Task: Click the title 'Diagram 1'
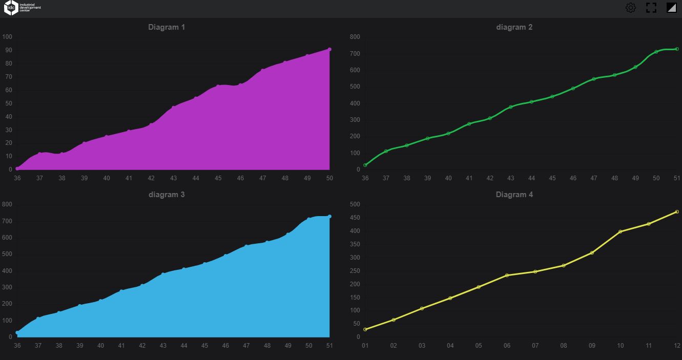[x=167, y=27]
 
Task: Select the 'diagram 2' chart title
[x=514, y=27]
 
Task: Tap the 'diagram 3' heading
[x=167, y=195]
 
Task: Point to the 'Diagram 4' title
[x=514, y=195]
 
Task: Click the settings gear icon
[x=631, y=8]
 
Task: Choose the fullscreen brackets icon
[x=651, y=8]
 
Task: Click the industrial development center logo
[x=23, y=8]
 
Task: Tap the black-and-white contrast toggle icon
[x=671, y=8]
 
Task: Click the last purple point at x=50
[x=329, y=50]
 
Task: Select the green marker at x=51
[x=677, y=49]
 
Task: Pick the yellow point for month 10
[x=620, y=231]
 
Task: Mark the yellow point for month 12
[x=677, y=211]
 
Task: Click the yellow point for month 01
[x=365, y=329]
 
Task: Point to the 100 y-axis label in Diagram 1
[x=7, y=37]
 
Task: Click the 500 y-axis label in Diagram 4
[x=355, y=204]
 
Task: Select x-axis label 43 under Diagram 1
[x=174, y=178]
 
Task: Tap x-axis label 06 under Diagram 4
[x=507, y=346]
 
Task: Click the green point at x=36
[x=365, y=165]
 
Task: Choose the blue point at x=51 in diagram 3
[x=329, y=217]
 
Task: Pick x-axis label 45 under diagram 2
[x=552, y=178]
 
